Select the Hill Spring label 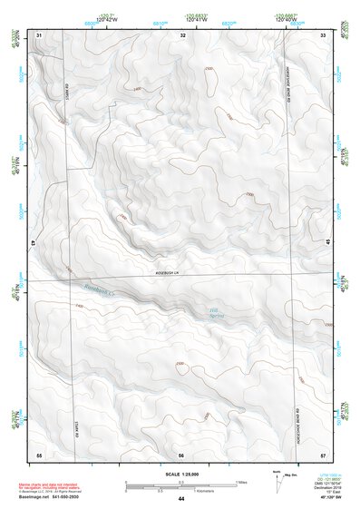click(x=214, y=314)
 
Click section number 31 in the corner click(x=39, y=34)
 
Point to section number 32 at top click(x=182, y=34)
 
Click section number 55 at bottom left click(x=39, y=453)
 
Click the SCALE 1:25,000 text click(x=181, y=474)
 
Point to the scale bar click(x=181, y=485)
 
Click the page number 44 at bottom click(x=181, y=499)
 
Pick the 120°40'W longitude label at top click(x=288, y=20)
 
